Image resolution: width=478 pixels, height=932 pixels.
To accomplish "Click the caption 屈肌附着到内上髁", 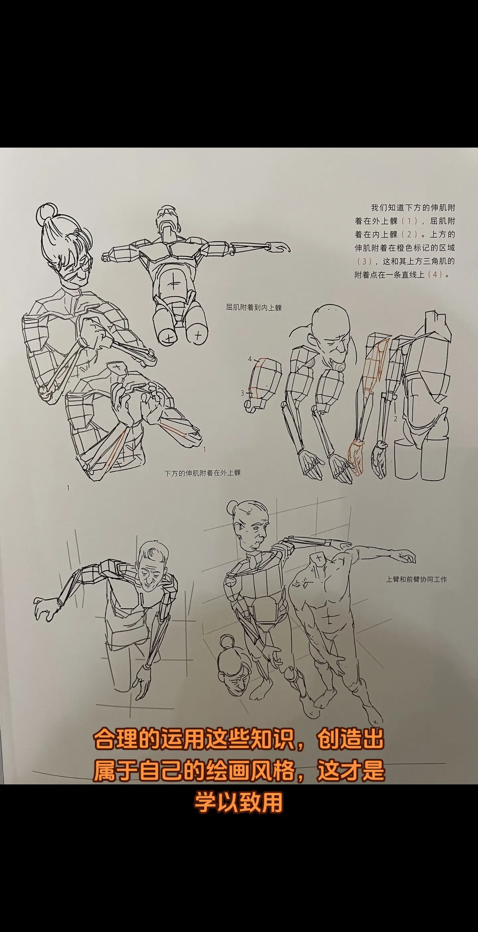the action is [x=254, y=308].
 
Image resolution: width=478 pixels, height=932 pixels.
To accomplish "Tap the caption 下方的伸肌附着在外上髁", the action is [x=202, y=473].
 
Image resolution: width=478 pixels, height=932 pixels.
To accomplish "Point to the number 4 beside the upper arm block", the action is [x=250, y=359].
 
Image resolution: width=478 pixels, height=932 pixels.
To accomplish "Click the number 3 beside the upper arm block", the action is [x=243, y=393].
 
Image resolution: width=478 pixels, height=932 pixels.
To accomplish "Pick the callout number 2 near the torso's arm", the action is [x=395, y=419].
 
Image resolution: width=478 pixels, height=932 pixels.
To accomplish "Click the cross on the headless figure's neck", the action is [x=320, y=559].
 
